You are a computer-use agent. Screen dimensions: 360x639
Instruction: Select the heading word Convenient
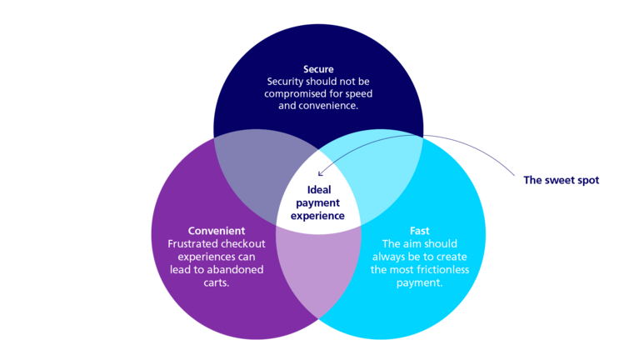[x=216, y=231]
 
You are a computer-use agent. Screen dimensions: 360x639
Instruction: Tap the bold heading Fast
[x=419, y=231]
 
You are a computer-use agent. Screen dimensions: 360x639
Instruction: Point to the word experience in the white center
[x=319, y=215]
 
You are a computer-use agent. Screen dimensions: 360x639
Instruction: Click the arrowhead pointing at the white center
[x=320, y=173]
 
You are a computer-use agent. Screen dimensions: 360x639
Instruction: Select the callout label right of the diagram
[x=562, y=180]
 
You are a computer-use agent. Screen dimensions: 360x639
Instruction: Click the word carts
[x=216, y=282]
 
